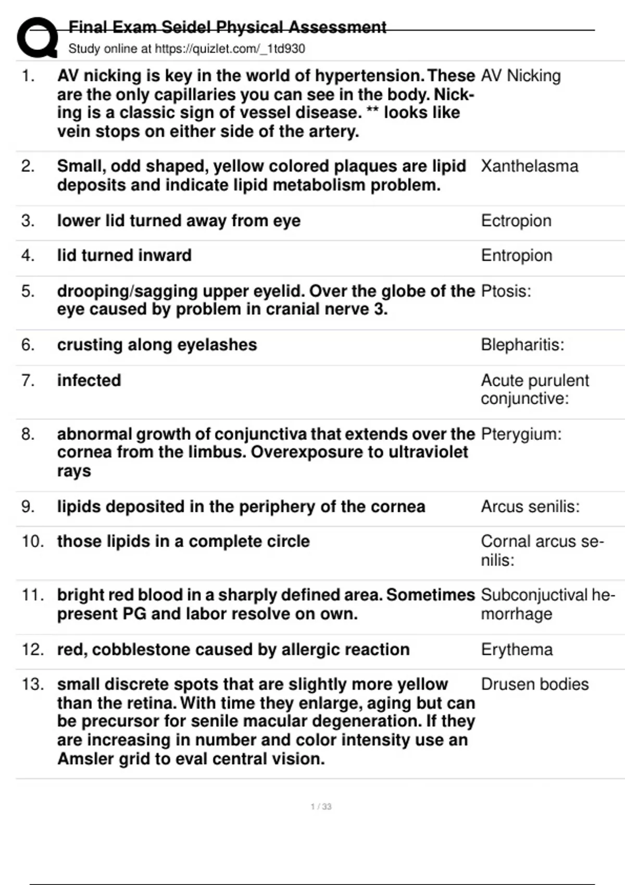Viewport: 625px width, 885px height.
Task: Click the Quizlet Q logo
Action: (x=37, y=37)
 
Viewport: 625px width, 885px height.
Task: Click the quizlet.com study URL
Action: (x=230, y=49)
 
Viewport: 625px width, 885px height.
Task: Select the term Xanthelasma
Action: (x=529, y=166)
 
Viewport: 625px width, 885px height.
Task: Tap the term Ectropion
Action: (x=516, y=221)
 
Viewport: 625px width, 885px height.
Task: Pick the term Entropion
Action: (x=516, y=256)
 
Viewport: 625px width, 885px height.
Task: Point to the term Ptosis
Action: (x=505, y=291)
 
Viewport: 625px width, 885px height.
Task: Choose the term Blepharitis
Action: (x=522, y=345)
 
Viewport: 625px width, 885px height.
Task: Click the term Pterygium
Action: (x=521, y=434)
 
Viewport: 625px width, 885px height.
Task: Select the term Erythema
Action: (x=517, y=650)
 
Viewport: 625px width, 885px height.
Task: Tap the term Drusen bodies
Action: (x=534, y=684)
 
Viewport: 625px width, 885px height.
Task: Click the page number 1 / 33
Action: (x=321, y=806)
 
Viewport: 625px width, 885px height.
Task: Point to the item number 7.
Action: (x=28, y=381)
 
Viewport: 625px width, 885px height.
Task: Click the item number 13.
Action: (x=32, y=684)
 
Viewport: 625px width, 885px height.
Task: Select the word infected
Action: (x=89, y=381)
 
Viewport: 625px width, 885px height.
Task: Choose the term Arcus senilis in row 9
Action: (x=530, y=507)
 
